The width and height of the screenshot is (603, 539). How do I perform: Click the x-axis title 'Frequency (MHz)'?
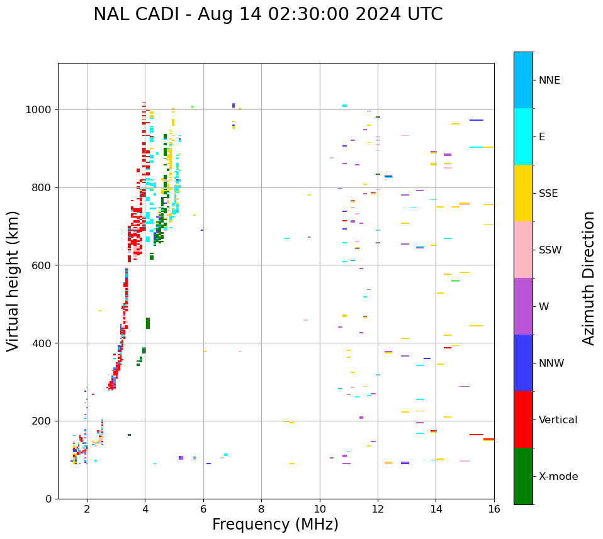pos(275,525)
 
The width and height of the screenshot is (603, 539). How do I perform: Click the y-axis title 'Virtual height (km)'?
pos(13,281)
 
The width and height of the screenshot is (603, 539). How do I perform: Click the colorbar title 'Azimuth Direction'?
pos(589,278)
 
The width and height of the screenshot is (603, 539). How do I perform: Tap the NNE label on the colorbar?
pos(549,81)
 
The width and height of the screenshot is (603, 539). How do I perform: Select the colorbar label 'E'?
pos(542,137)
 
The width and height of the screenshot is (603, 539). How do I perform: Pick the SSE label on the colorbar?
pos(548,194)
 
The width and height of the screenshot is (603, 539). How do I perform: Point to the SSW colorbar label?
pos(549,250)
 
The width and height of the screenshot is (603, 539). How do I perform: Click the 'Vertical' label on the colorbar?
pos(558,420)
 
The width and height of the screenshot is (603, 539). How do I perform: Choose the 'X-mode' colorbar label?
pos(558,477)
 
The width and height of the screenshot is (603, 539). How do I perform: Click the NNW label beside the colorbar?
pos(551,364)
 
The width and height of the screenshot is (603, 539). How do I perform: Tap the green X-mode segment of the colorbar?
pos(523,476)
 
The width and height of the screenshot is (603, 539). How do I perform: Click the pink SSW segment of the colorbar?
pos(523,250)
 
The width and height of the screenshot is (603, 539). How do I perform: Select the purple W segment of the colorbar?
pos(523,306)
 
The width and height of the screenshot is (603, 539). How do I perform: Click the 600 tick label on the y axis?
pos(42,265)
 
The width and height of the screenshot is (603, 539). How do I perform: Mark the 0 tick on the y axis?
pos(48,499)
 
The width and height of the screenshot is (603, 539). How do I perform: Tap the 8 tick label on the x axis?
pos(261,509)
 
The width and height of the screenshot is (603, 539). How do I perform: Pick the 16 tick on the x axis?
pos(494,509)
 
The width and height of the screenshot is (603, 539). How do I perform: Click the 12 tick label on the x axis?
pos(378,509)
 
